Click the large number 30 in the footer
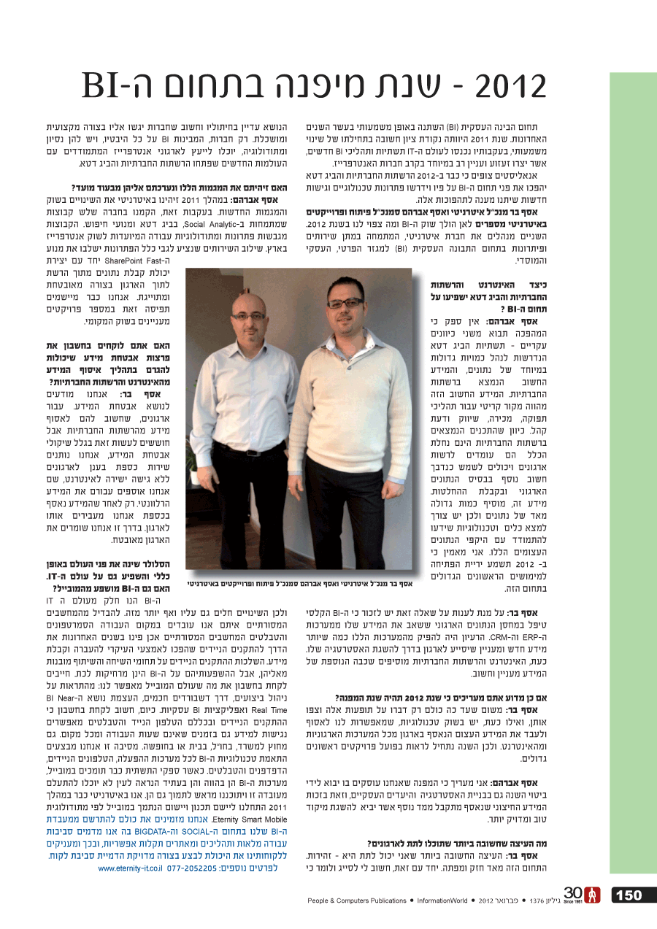click(573, 893)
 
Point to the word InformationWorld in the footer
click(442, 901)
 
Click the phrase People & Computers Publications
click(357, 901)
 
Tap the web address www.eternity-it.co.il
click(129, 868)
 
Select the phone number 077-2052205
click(193, 868)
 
